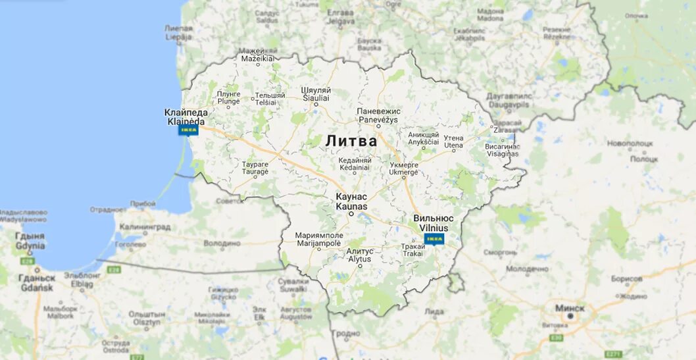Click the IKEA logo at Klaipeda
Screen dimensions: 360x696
[189, 130]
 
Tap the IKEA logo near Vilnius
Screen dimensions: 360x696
[434, 238]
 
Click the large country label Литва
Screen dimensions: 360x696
[351, 141]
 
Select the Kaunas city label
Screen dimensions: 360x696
[351, 201]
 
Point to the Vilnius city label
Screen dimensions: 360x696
[434, 222]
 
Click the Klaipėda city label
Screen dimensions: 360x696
[186, 117]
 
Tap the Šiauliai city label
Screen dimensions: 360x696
[316, 93]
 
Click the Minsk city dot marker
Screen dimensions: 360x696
[570, 316]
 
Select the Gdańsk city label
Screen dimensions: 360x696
[37, 283]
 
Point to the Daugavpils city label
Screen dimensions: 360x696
[509, 101]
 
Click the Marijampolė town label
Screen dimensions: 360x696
[319, 238]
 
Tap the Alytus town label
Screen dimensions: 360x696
[360, 255]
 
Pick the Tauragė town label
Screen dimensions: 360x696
[255, 167]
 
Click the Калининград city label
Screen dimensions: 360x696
[144, 227]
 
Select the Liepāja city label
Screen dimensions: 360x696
[179, 33]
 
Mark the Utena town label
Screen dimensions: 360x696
[453, 141]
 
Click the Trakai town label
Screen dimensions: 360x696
[413, 249]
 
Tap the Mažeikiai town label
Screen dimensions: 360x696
[257, 55]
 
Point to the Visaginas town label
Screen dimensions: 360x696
[502, 150]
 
